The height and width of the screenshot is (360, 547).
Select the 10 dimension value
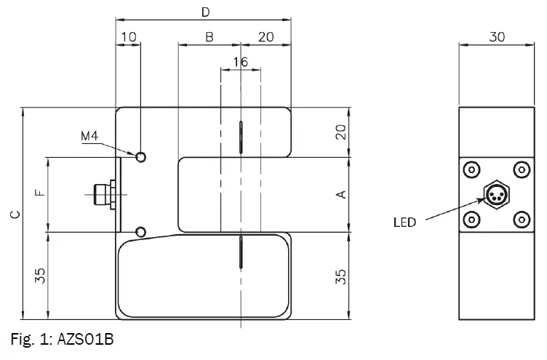(128, 37)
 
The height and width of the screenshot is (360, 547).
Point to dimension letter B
(209, 37)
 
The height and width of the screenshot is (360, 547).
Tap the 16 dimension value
(240, 63)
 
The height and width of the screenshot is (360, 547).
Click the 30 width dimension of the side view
(497, 37)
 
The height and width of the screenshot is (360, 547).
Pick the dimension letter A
(340, 194)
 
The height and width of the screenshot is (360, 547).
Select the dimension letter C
(14, 215)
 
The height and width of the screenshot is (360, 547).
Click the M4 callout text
(89, 136)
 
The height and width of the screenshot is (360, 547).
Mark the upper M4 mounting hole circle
(141, 156)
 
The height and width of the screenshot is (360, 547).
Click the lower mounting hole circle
(141, 232)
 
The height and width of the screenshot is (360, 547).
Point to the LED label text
(404, 223)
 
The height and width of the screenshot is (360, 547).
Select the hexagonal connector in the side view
(497, 194)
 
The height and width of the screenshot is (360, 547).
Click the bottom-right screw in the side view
(521, 219)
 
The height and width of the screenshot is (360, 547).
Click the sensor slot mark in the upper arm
(240, 137)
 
